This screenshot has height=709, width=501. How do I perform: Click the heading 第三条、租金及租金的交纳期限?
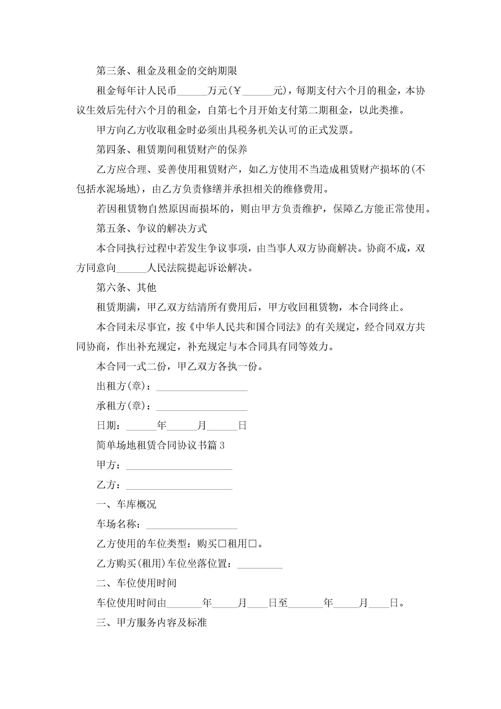tap(167, 71)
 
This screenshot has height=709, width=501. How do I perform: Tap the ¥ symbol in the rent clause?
tap(237, 91)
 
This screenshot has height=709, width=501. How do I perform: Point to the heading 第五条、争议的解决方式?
tap(152, 229)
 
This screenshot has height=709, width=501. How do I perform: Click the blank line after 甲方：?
tap(179, 466)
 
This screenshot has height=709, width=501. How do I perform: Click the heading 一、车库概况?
tap(126, 505)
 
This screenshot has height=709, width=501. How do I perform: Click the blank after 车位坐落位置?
tap(260, 564)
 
